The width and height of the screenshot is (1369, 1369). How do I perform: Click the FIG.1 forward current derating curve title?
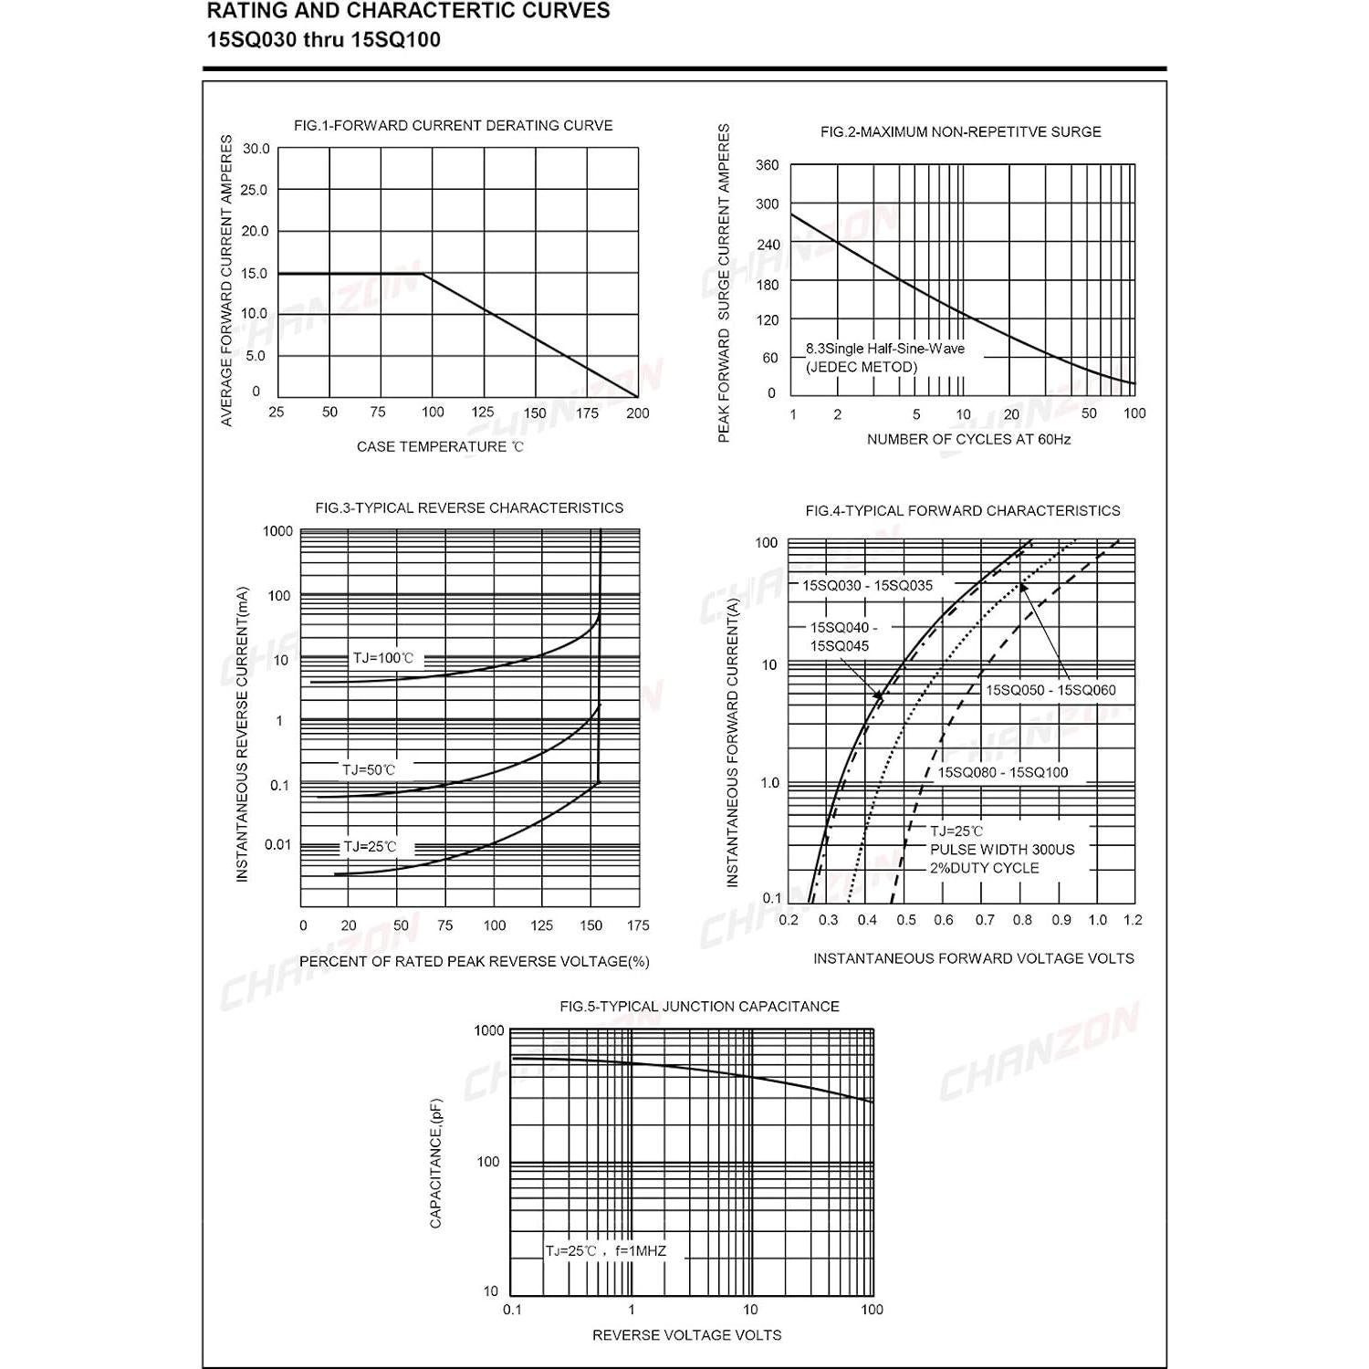pyautogui.click(x=453, y=126)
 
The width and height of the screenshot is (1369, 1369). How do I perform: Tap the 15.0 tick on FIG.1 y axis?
pyautogui.click(x=255, y=273)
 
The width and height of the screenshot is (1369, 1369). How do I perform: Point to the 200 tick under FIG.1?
pyautogui.click(x=637, y=413)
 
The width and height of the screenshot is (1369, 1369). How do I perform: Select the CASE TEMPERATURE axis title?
pyautogui.click(x=440, y=446)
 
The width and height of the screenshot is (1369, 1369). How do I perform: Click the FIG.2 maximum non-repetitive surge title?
pyautogui.click(x=960, y=132)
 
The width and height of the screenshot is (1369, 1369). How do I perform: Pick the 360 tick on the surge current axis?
pyautogui.click(x=767, y=165)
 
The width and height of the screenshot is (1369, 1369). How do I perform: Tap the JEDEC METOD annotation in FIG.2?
pyautogui.click(x=861, y=367)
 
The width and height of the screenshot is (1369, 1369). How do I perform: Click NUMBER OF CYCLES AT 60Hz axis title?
pyautogui.click(x=968, y=439)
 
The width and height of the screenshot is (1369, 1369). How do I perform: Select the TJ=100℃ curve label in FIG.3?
pyautogui.click(x=383, y=658)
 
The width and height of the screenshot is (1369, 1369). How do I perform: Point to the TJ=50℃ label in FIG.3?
pyautogui.click(x=369, y=769)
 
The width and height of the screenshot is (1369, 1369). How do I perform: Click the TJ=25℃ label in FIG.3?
pyautogui.click(x=370, y=847)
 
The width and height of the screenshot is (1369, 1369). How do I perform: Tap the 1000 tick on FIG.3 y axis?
pyautogui.click(x=277, y=531)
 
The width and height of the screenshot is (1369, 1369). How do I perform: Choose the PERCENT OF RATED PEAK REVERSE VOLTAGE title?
pyautogui.click(x=474, y=961)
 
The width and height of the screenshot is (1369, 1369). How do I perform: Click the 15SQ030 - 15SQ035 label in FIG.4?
pyautogui.click(x=867, y=586)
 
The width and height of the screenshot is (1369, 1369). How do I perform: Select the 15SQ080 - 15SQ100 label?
pyautogui.click(x=1002, y=772)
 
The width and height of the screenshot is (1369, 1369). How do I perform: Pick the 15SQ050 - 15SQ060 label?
pyautogui.click(x=1050, y=690)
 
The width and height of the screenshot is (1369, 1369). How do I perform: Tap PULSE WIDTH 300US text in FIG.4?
pyautogui.click(x=1001, y=850)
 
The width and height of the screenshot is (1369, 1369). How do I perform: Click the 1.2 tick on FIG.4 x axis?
pyautogui.click(x=1133, y=920)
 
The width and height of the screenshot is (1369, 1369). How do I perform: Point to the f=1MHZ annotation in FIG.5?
pyautogui.click(x=640, y=1250)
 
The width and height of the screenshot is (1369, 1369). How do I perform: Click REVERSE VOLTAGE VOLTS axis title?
pyautogui.click(x=686, y=1335)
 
